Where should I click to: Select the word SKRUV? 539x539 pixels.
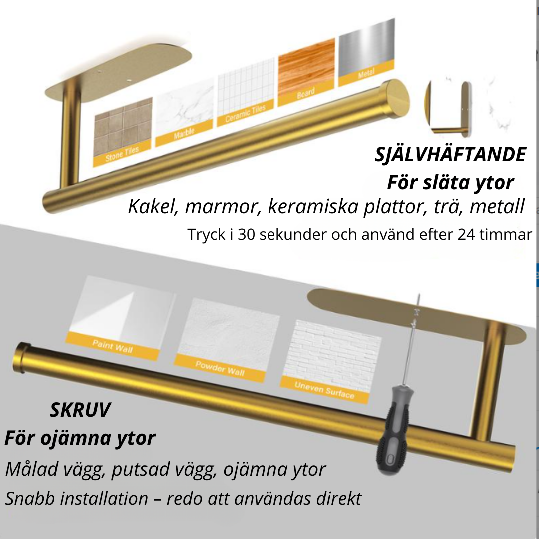point(80,411)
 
